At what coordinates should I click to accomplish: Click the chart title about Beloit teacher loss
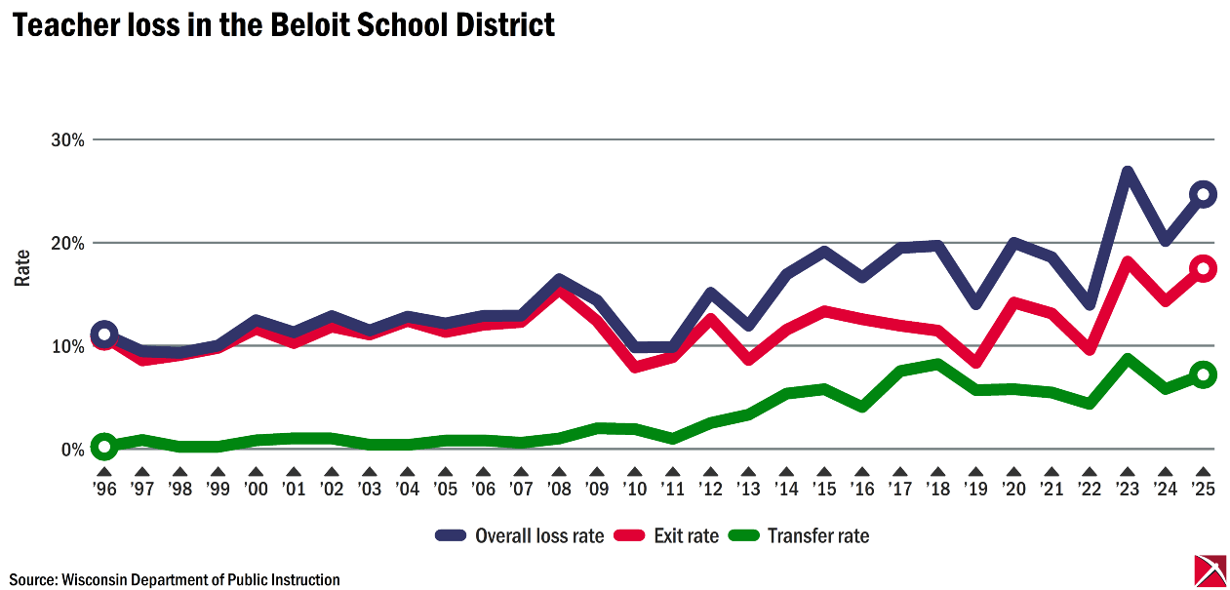coord(283,25)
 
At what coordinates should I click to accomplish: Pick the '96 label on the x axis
coord(104,490)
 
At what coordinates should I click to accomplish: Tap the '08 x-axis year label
coord(559,490)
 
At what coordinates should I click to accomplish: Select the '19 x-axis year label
coord(975,490)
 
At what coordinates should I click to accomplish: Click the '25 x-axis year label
coord(1203,490)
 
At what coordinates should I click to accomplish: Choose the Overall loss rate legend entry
coord(520,535)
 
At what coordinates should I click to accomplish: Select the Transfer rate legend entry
coord(800,535)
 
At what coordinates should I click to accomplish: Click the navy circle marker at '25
coord(1203,194)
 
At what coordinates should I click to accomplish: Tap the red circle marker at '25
coord(1203,269)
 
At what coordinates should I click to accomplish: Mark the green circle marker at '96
coord(104,447)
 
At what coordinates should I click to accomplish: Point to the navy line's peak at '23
coord(1128,173)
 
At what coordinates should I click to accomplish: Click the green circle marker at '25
coord(1203,374)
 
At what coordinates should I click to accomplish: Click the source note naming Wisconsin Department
coord(176,579)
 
